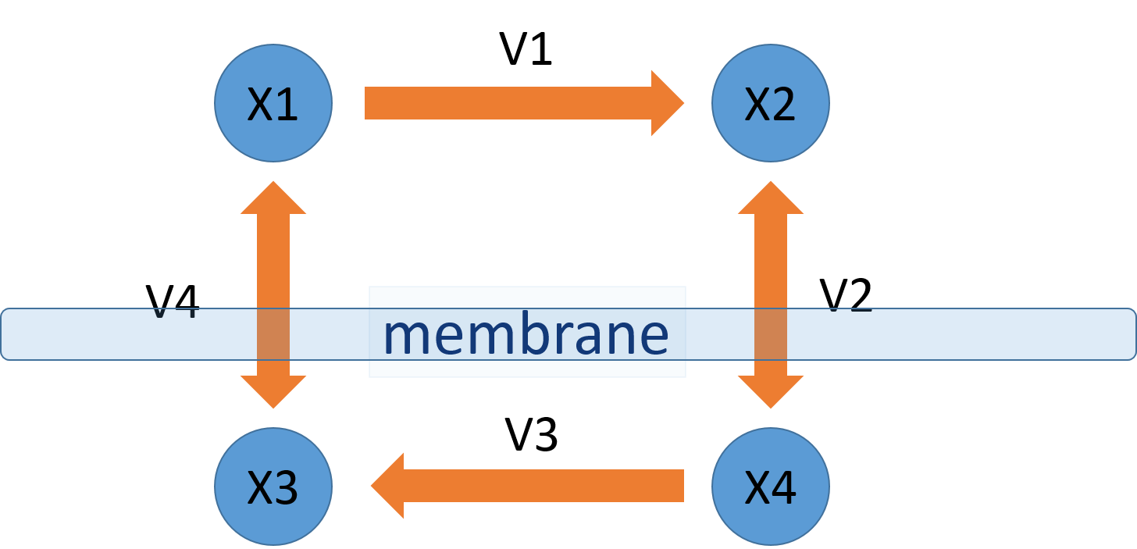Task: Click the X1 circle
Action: coord(273,103)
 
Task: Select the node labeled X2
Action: coord(770,103)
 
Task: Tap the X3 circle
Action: coord(273,486)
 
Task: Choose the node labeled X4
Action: coord(770,486)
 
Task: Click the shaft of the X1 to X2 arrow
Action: coord(508,103)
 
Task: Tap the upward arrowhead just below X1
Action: coord(273,198)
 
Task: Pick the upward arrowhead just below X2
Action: coord(770,198)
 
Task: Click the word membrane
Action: coord(526,334)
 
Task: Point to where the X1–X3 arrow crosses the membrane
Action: coord(273,334)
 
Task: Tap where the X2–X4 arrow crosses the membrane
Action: coord(770,334)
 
